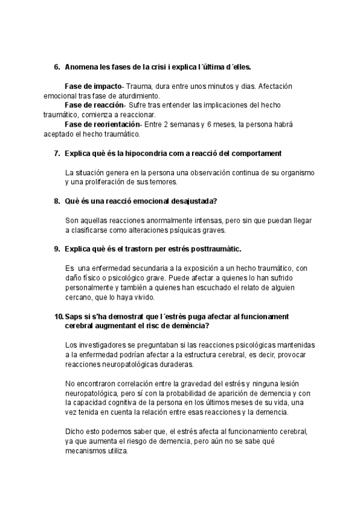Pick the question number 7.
coord(57,154)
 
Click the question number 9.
coord(57,248)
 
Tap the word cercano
coord(80,297)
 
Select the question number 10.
coord(58,316)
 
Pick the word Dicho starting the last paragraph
coord(74,431)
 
